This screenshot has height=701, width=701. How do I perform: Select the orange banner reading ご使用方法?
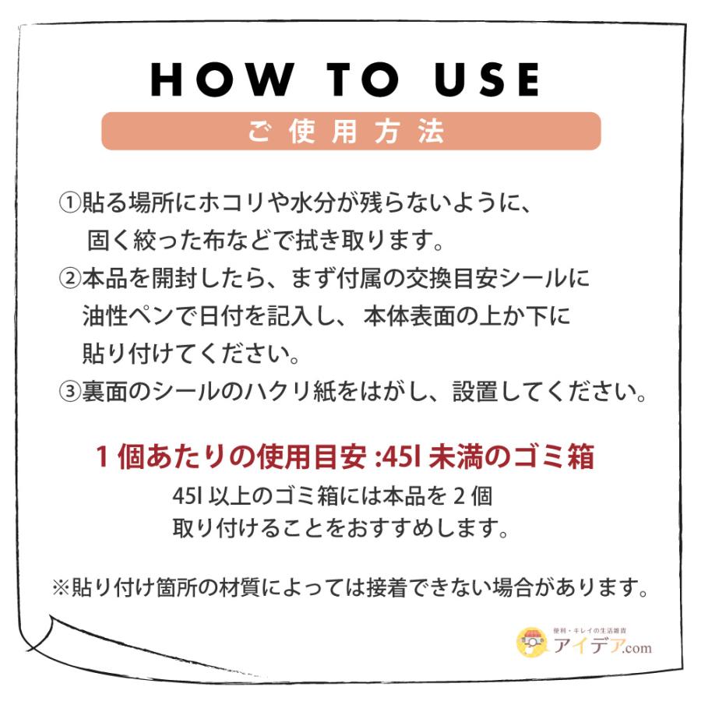[350, 131]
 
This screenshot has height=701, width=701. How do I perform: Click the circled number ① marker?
[69, 204]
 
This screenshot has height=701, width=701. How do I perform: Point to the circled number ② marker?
[69, 278]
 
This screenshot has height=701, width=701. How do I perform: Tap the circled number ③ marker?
[69, 391]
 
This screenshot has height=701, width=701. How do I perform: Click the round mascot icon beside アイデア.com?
[533, 642]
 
